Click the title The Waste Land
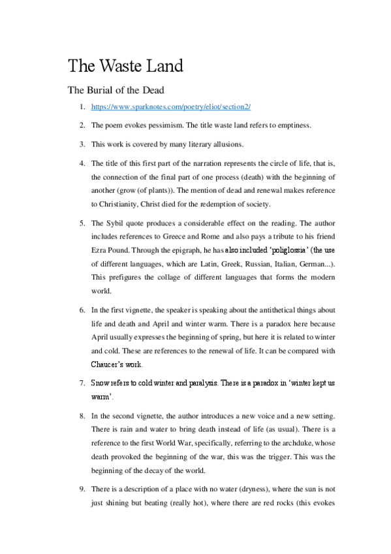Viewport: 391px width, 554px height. pyautogui.click(x=125, y=66)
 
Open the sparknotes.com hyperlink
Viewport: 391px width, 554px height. pyautogui.click(x=171, y=106)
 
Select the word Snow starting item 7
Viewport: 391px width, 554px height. pyautogui.click(x=101, y=382)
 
